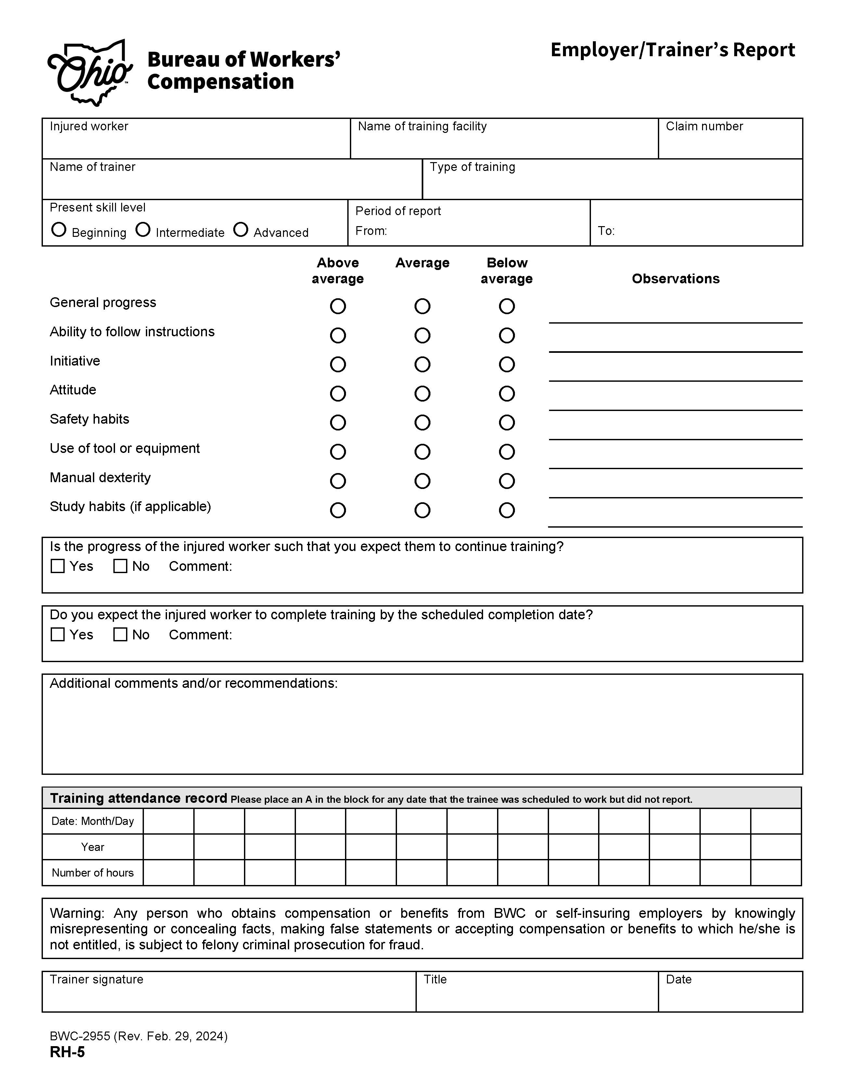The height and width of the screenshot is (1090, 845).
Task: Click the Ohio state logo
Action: (x=90, y=73)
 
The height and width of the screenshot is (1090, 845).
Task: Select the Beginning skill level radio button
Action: (x=59, y=230)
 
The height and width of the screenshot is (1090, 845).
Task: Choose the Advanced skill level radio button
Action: (x=241, y=230)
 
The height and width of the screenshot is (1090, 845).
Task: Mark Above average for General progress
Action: (x=338, y=306)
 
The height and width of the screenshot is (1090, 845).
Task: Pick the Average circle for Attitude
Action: (x=422, y=394)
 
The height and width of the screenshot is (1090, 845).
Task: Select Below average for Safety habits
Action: (x=506, y=423)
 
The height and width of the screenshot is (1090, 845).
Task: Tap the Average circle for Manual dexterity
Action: (x=422, y=481)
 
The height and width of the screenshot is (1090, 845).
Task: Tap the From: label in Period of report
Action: (x=371, y=231)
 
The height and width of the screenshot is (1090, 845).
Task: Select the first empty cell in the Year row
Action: (x=169, y=847)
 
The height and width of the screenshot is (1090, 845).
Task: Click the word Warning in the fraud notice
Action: (x=76, y=913)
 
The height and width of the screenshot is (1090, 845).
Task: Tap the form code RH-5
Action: (x=67, y=1052)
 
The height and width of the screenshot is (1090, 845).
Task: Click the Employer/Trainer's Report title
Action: (x=672, y=50)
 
